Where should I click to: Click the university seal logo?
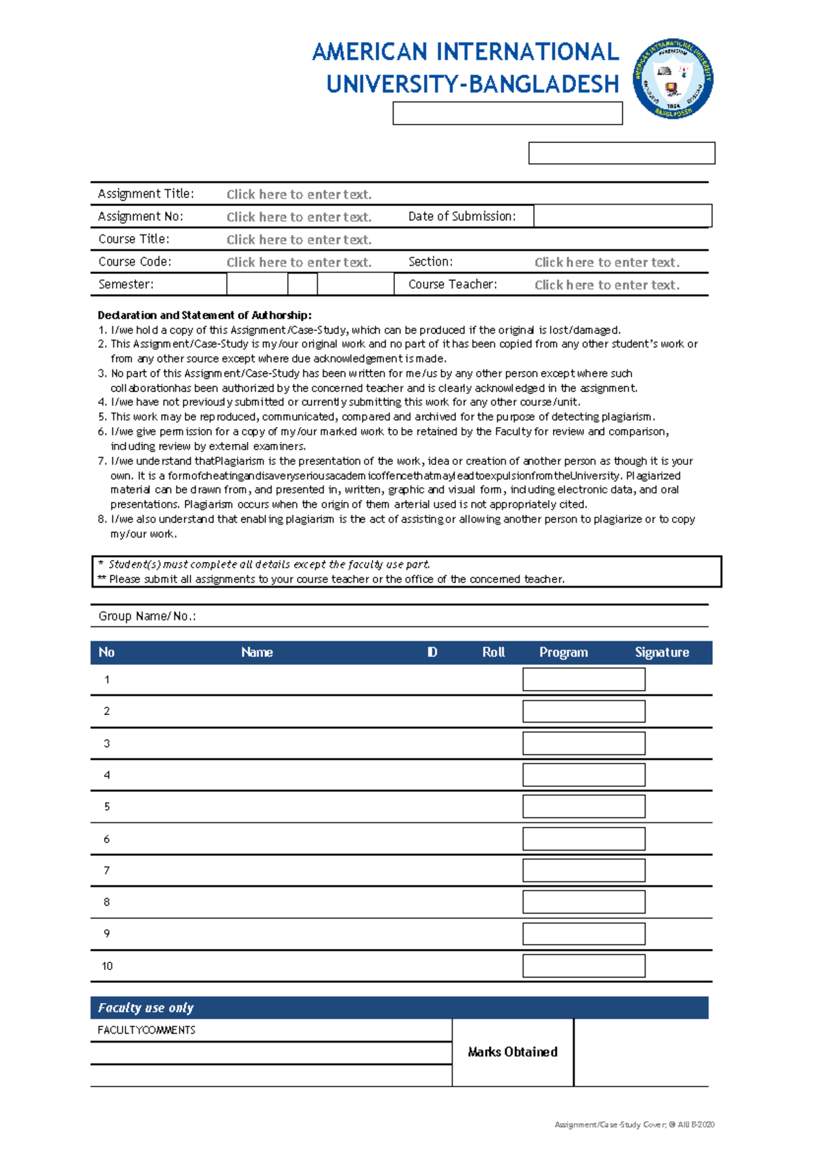point(673,79)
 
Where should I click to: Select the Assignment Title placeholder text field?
point(299,195)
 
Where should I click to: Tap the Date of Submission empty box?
point(622,216)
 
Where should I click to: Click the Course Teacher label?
point(453,285)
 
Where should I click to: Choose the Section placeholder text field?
point(606,262)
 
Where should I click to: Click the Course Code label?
point(135,262)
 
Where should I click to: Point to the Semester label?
point(126,285)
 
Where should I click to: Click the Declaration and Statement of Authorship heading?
point(205,315)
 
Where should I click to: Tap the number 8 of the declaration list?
point(101,519)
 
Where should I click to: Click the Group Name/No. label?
point(147,616)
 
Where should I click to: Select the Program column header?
point(563,652)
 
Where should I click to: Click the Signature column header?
point(661,652)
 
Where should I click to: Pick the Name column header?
point(257,652)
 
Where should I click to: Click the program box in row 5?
point(583,807)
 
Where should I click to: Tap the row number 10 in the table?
point(107,966)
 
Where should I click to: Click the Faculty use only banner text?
point(146,1008)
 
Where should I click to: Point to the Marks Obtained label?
point(512,1052)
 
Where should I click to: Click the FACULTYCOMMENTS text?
point(146,1030)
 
